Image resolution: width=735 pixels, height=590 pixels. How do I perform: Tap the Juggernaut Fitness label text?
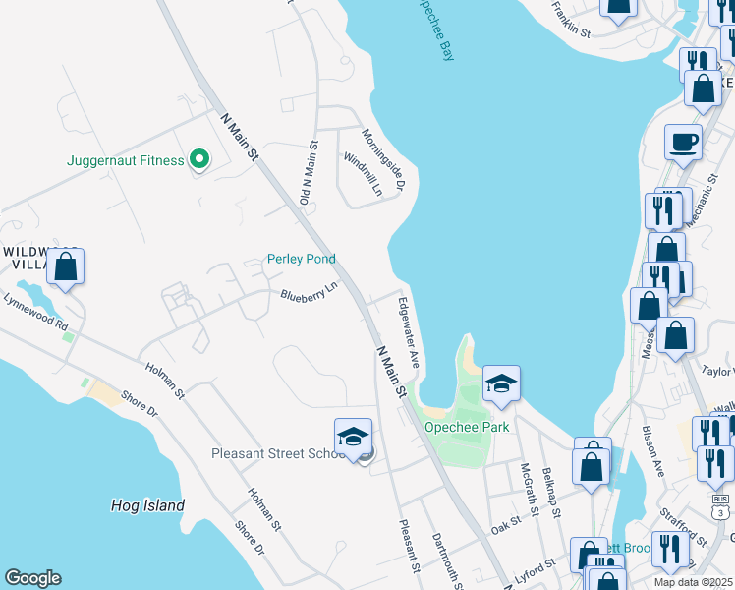click(x=126, y=160)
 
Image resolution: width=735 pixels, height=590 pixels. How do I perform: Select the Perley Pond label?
click(x=302, y=260)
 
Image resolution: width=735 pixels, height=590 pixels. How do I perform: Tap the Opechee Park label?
click(x=453, y=427)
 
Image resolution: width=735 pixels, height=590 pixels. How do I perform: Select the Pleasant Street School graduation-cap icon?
click(x=354, y=438)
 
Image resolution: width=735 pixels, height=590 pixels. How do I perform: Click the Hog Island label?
click(x=147, y=505)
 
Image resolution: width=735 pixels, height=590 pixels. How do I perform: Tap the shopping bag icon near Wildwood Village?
click(x=65, y=267)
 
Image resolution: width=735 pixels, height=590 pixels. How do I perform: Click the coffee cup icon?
click(x=683, y=144)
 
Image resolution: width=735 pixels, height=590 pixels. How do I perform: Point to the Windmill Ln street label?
click(x=362, y=174)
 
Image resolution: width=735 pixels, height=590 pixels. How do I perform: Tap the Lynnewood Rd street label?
click(x=35, y=312)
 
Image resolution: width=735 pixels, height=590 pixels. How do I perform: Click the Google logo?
click(x=32, y=578)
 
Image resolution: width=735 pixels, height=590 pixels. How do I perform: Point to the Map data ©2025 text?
click(x=693, y=582)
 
